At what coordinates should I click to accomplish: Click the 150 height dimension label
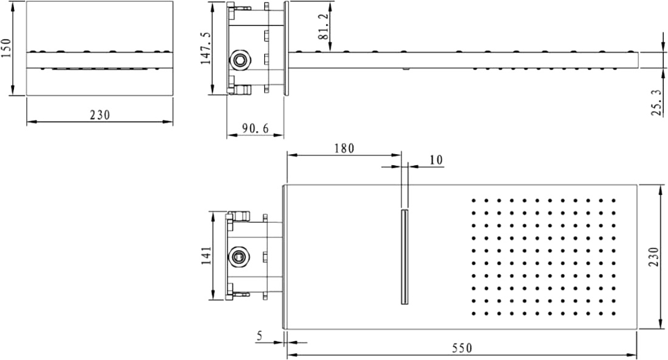pyautogui.click(x=7, y=48)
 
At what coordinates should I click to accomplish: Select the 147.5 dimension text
pyautogui.click(x=206, y=48)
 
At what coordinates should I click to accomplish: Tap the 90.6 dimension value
pyautogui.click(x=256, y=128)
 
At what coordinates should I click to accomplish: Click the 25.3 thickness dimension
pyautogui.click(x=657, y=102)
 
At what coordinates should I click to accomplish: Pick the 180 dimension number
pyautogui.click(x=344, y=148)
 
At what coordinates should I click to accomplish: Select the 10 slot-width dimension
pyautogui.click(x=436, y=160)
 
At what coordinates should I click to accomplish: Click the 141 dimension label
pyautogui.click(x=206, y=256)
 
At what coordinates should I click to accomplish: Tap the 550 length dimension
pyautogui.click(x=462, y=348)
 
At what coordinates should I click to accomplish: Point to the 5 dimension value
pyautogui.click(x=259, y=336)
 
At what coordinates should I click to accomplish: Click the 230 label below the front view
pyautogui.click(x=100, y=115)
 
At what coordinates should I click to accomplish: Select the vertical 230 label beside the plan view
pyautogui.click(x=654, y=257)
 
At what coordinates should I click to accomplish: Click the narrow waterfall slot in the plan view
pyautogui.click(x=404, y=257)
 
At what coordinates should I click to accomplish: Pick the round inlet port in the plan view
pyautogui.click(x=239, y=257)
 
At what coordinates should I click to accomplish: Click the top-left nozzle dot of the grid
pyautogui.click(x=473, y=200)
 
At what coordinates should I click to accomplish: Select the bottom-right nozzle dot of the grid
pyautogui.click(x=614, y=314)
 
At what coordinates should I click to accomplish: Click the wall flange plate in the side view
pyautogui.click(x=286, y=48)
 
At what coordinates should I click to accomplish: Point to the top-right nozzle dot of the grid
pyautogui.click(x=614, y=200)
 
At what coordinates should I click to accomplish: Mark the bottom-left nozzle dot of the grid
pyautogui.click(x=473, y=314)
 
